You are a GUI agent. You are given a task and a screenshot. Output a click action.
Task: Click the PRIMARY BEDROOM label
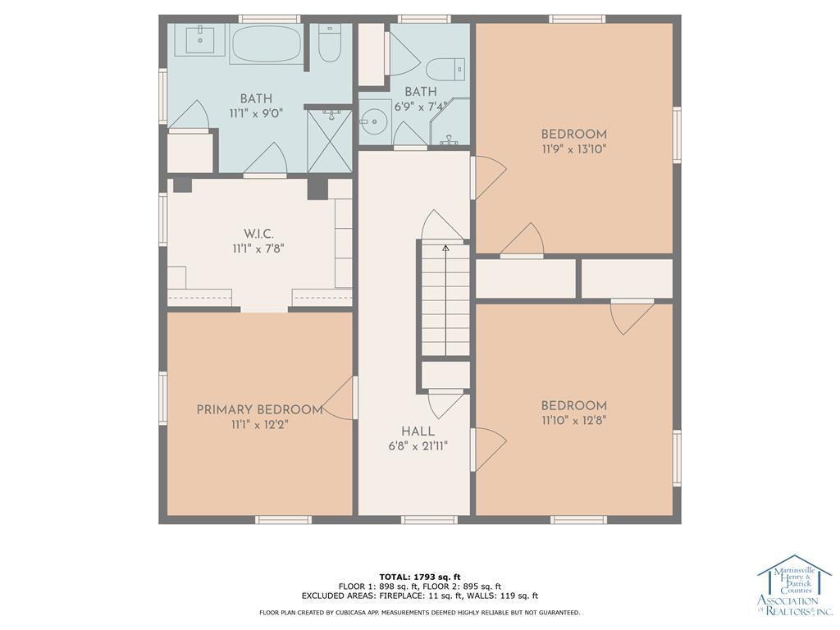pos(260,410)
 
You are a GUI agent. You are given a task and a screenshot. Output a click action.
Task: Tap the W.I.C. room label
pos(258,234)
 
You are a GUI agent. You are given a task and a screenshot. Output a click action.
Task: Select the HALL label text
pos(418,431)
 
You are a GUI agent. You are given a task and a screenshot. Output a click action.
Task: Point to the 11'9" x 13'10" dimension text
pos(573,149)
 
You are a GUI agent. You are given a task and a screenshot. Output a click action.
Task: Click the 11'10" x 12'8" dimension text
pos(573,421)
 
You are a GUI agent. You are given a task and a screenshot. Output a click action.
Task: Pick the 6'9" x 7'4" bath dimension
pos(421,107)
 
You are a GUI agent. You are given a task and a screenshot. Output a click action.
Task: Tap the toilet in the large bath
pos(330,43)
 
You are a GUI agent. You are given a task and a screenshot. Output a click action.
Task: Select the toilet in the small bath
pos(445,69)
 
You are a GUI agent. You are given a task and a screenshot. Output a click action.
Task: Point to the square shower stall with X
pos(329,141)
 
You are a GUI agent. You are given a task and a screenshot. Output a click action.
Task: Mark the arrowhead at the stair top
pos(445,248)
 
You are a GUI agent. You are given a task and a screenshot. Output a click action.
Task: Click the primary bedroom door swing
pos(337,398)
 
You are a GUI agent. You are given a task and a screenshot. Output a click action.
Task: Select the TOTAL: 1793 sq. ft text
pos(420,577)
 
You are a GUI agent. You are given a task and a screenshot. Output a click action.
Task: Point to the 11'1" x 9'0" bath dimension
pos(256,113)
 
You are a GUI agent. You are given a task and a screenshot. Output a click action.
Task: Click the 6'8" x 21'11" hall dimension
pos(418,445)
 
